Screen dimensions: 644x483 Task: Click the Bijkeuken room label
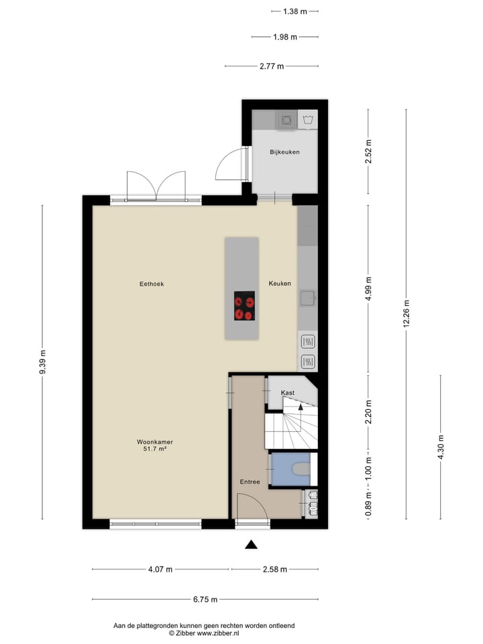284,152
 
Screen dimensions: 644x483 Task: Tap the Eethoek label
152,284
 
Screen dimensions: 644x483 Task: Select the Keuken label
280,284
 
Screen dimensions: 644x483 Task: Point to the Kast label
288,393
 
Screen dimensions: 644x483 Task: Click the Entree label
250,482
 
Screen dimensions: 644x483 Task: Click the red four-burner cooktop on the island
244,307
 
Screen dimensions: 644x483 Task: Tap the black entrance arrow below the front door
251,545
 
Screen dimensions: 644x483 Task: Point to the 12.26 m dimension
406,313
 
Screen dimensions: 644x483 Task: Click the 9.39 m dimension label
42,363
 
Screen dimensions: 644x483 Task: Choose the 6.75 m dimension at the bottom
205,600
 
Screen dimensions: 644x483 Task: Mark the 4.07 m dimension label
160,570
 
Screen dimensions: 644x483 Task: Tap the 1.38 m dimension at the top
294,11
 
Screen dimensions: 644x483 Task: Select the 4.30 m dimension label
441,447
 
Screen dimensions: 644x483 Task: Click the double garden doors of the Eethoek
156,186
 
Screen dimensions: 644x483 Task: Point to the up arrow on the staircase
301,405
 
